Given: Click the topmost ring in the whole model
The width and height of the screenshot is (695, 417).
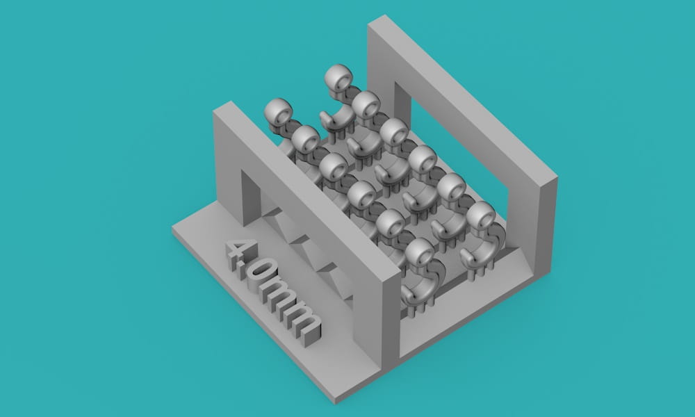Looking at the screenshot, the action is coord(338,79).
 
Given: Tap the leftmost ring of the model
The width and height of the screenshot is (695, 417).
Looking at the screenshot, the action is coord(279,112).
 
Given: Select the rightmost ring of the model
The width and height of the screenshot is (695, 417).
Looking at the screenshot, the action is coord(481,216).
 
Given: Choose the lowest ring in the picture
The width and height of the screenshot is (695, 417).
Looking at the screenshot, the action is coord(419,253).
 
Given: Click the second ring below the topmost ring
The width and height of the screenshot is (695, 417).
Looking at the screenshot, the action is coord(394,132).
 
